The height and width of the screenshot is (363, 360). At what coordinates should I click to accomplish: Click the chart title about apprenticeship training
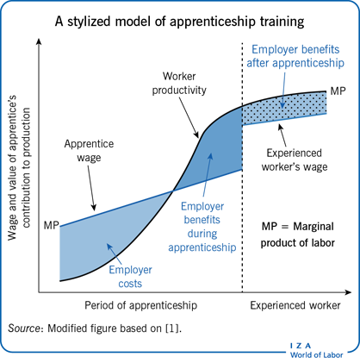tap(179, 22)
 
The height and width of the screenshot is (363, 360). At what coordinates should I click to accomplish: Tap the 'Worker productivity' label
tap(179, 84)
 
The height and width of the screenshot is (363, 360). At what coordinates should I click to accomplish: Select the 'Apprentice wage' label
tap(89, 151)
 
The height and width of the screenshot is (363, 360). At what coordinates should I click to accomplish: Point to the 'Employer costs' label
tap(130, 277)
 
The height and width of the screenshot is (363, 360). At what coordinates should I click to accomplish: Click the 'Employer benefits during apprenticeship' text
tap(202, 227)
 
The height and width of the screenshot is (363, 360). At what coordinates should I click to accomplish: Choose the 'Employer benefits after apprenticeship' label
tap(295, 56)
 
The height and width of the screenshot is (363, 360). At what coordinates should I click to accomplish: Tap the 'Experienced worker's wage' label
tap(295, 160)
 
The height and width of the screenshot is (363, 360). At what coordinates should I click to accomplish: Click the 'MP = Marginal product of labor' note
tap(298, 235)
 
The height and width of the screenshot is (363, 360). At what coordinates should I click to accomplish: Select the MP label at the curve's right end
tap(338, 91)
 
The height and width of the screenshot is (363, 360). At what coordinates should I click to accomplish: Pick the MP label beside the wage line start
tap(51, 225)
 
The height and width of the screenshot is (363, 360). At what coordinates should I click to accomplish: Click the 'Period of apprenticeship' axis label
tap(140, 305)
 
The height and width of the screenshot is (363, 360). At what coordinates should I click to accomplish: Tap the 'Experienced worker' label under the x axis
tap(295, 305)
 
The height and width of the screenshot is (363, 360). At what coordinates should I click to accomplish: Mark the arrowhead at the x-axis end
tap(349, 292)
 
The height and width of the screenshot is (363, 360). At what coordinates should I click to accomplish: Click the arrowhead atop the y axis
tap(39, 41)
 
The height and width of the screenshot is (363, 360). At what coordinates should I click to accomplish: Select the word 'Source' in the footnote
tap(23, 329)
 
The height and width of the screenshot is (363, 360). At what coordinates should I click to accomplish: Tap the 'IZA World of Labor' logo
tap(316, 351)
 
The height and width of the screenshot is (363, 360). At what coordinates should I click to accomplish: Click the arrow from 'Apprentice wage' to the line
tap(91, 188)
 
